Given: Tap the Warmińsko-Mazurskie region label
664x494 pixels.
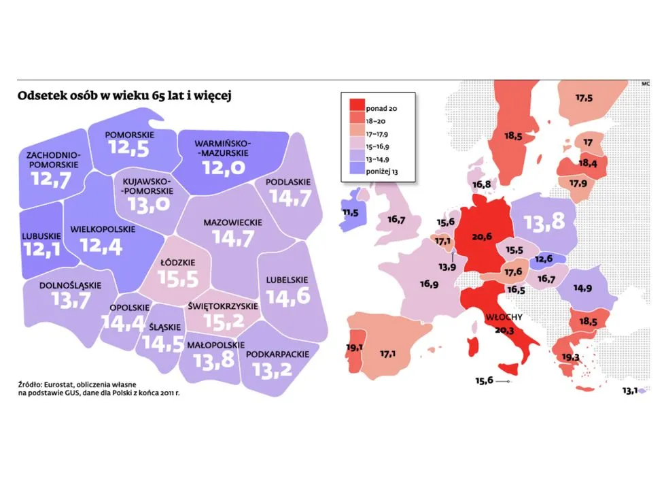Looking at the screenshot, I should tap(222, 150).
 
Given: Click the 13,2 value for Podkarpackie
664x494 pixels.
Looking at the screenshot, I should tap(277, 369).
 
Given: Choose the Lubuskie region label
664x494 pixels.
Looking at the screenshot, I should tap(41, 235).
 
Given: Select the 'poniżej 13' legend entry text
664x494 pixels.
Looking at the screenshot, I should tap(381, 172).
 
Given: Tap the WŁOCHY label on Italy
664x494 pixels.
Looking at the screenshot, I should tap(502, 318).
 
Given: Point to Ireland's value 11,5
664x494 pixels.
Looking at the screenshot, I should tap(351, 212).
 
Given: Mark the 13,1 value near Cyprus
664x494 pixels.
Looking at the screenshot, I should tap(629, 391).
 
